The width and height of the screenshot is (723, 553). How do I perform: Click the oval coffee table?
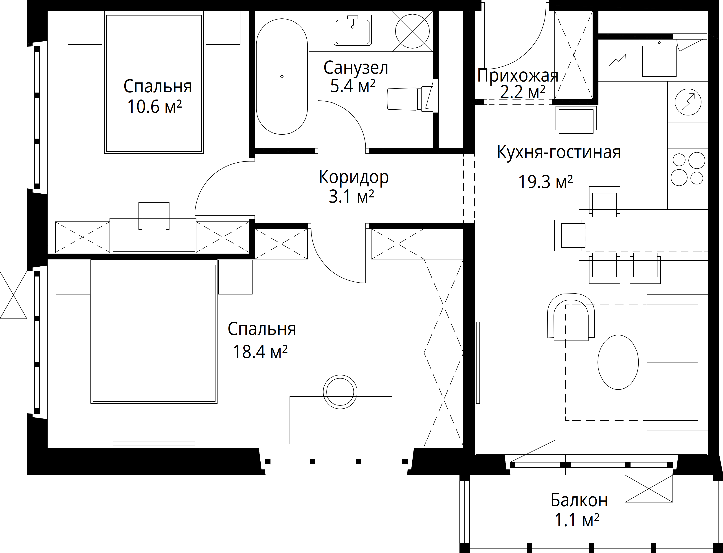[618, 362]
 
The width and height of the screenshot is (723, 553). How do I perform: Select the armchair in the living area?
[571, 317]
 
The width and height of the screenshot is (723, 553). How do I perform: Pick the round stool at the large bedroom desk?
[341, 392]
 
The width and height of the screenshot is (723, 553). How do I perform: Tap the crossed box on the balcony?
[649, 489]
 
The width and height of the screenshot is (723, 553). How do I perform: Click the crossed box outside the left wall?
[13, 295]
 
